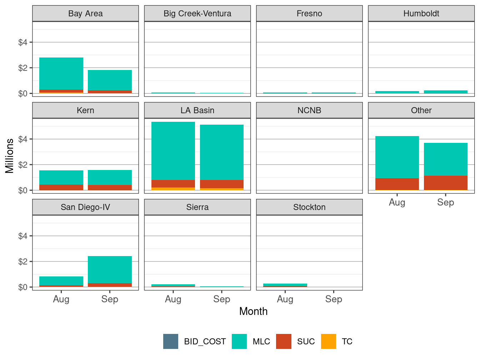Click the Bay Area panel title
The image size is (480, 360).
[85, 14]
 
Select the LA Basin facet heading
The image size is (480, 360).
[197, 110]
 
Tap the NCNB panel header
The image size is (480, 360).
[309, 110]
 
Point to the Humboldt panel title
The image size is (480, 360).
[421, 14]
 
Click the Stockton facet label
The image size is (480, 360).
[309, 207]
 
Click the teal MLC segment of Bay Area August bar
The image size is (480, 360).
[61, 74]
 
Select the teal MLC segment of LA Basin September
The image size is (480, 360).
[221, 152]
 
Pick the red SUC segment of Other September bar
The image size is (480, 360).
[445, 182]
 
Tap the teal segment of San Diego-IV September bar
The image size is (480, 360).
[110, 270]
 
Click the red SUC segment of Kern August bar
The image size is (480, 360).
[61, 187]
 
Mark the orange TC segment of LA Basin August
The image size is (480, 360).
[173, 189]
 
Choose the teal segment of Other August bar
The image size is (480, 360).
[397, 157]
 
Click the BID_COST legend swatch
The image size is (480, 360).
[171, 341]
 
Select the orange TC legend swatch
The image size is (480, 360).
[329, 341]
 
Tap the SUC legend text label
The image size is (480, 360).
[306, 341]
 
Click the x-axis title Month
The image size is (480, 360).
[253, 311]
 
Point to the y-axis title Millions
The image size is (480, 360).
[10, 156]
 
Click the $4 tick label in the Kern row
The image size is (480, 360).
[22, 139]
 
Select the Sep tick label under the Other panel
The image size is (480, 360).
[445, 202]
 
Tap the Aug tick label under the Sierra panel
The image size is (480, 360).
[173, 299]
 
